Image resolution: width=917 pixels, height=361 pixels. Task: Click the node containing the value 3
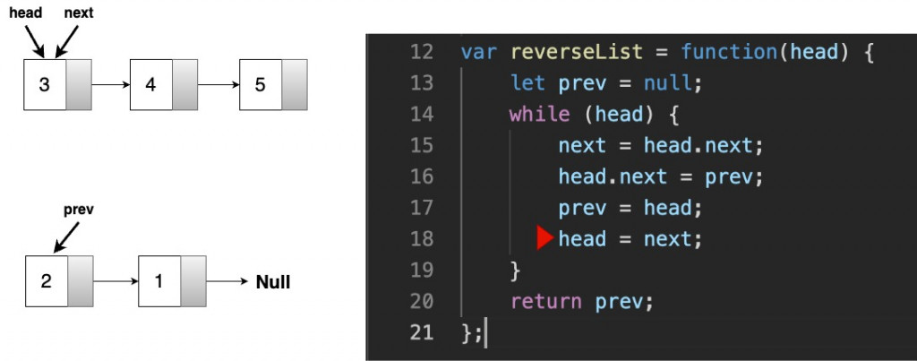pos(45,85)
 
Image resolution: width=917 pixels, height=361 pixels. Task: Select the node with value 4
pos(150,85)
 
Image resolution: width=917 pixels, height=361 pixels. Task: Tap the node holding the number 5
pos(260,85)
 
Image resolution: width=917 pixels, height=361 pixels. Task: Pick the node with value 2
pos(46,281)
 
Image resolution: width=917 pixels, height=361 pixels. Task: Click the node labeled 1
pos(159,281)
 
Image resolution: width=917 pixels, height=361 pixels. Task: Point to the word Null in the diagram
pos(273,282)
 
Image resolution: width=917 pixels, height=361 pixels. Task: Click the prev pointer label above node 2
pos(79,210)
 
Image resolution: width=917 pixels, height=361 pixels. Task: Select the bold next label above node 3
pos(79,13)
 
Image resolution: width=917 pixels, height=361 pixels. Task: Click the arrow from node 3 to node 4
pos(110,85)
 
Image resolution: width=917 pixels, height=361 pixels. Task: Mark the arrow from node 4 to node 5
pos(219,85)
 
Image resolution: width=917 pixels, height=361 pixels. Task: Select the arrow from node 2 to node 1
pos(116,281)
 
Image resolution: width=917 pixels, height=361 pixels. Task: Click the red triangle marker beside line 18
pos(544,238)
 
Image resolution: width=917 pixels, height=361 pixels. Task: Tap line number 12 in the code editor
pos(421,51)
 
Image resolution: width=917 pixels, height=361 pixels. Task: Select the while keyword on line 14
pos(539,114)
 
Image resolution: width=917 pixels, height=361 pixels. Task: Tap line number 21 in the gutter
pos(421,332)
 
